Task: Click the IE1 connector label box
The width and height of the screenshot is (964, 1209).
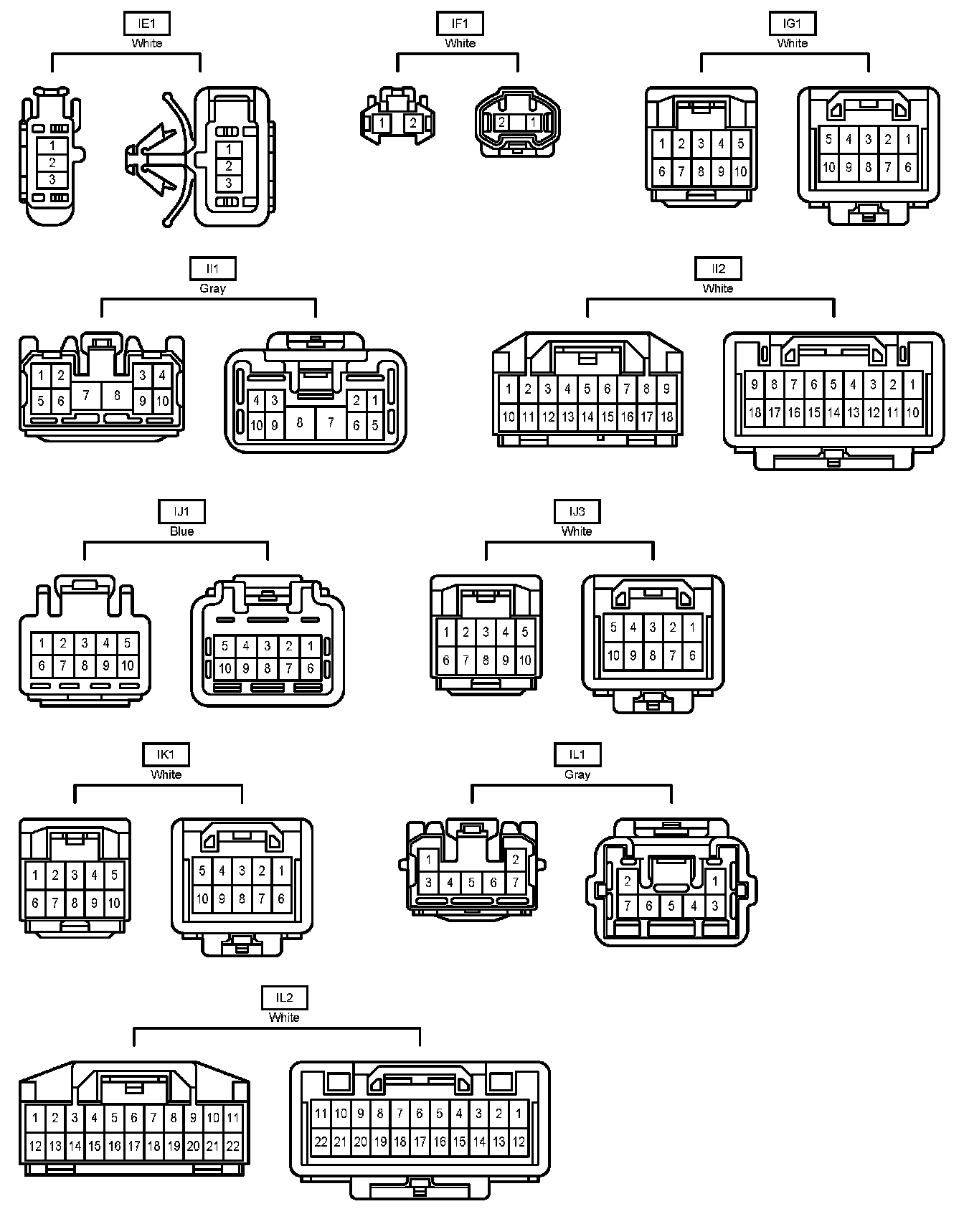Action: pos(146,24)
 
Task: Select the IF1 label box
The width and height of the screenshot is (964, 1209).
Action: pos(460,24)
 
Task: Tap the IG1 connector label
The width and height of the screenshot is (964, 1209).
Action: pos(792,24)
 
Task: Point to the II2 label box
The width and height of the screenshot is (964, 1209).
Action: pos(718,269)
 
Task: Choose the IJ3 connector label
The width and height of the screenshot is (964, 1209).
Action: pos(577,512)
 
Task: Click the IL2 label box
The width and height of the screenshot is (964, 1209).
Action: pos(284,998)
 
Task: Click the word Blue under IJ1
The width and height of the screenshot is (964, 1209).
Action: pos(181,531)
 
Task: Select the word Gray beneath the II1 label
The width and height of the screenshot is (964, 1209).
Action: pos(212,288)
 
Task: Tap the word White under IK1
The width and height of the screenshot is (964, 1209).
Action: pos(166,774)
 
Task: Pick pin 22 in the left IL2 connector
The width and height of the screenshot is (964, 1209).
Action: pos(233,1147)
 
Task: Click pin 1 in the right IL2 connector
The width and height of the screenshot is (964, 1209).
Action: pos(519,1114)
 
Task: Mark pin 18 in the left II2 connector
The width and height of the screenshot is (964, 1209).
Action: pos(666,417)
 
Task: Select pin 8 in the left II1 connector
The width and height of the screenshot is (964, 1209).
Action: pos(117,394)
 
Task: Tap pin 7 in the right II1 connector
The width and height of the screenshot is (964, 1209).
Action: pos(331,422)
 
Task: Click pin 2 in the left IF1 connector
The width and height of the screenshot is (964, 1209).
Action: pos(413,123)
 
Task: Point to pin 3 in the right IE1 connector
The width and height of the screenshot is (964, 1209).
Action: pos(229,183)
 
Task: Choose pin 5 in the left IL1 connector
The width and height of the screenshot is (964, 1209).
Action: pos(471,883)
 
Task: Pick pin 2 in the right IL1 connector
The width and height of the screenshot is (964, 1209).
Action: pos(628,882)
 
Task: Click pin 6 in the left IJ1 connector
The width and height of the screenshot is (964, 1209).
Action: pos(42,665)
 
